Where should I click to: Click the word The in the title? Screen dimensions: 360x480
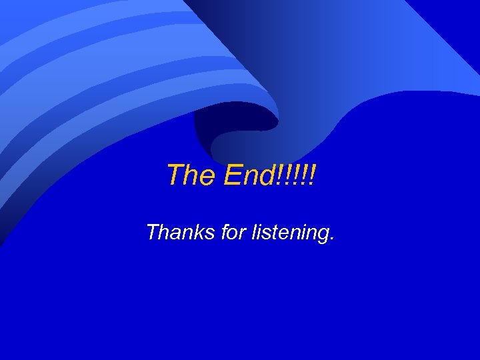(192, 175)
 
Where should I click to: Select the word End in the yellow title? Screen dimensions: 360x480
(248, 175)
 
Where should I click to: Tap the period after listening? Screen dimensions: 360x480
(331, 239)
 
